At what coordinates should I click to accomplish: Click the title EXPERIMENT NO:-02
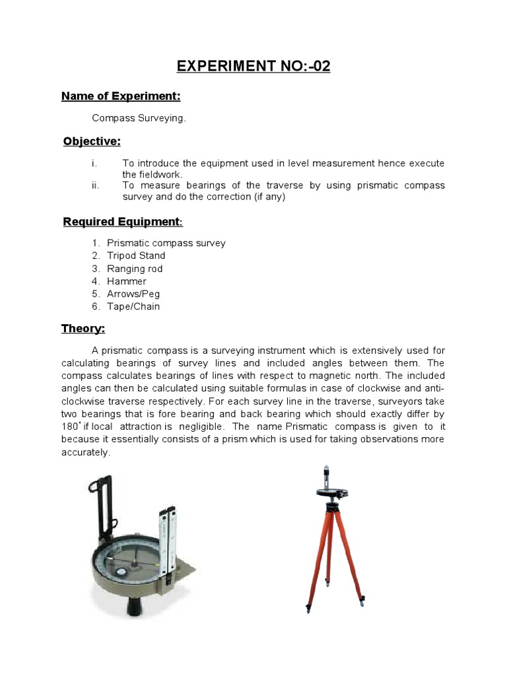pyautogui.click(x=253, y=66)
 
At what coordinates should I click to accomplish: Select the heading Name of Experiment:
pyautogui.click(x=121, y=96)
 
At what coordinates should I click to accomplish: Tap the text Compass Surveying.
pyautogui.click(x=139, y=118)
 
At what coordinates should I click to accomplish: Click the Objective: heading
pyautogui.click(x=92, y=141)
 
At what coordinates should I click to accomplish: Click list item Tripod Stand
pyautogui.click(x=136, y=255)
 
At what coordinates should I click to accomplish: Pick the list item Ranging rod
pyautogui.click(x=134, y=269)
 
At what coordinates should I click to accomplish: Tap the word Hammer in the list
pyautogui.click(x=126, y=281)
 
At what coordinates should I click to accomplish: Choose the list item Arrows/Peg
pyautogui.click(x=133, y=294)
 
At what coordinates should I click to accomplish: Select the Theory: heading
pyautogui.click(x=83, y=328)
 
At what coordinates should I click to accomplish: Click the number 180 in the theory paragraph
pyautogui.click(x=70, y=427)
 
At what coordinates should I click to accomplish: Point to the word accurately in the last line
pyautogui.click(x=86, y=453)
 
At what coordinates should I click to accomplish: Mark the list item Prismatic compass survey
pyautogui.click(x=166, y=243)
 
